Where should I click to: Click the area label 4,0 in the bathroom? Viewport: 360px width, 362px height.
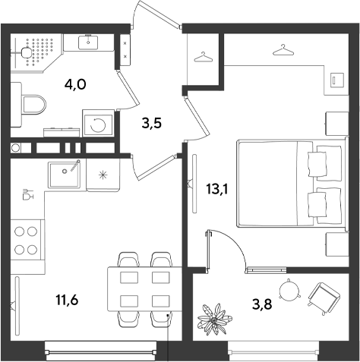coord(75,84)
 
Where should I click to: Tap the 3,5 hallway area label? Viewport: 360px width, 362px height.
coord(151,124)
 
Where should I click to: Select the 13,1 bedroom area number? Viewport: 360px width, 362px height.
coord(217,189)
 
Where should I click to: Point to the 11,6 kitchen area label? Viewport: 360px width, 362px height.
coord(67,300)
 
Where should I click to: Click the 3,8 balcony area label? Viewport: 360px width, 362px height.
coord(262,304)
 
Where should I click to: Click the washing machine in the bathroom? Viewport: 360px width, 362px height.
coord(98,123)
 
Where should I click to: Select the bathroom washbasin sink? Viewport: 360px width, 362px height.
coord(88,42)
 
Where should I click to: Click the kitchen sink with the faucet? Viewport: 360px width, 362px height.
coord(65,174)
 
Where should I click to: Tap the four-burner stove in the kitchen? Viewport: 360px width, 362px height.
coord(26,241)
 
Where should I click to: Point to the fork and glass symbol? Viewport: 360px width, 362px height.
coord(28,194)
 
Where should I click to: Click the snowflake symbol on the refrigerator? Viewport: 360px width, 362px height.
coord(103,175)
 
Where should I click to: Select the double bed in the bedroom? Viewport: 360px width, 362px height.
coord(291,184)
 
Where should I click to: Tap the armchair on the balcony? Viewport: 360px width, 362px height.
coord(324,298)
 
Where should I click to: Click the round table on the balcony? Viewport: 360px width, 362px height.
coord(289,289)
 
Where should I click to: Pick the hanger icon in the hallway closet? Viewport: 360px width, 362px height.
coord(203,57)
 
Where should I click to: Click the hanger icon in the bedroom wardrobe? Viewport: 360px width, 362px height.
coord(283,49)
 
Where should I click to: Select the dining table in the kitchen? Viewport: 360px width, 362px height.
coord(145,288)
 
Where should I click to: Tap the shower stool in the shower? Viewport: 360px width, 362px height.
coord(26,53)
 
